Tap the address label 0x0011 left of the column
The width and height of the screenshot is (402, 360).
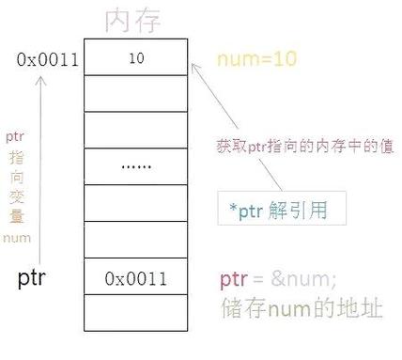[x=47, y=59]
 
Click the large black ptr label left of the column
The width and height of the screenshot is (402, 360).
[x=35, y=278]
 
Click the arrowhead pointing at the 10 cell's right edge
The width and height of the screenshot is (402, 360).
[x=194, y=67]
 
